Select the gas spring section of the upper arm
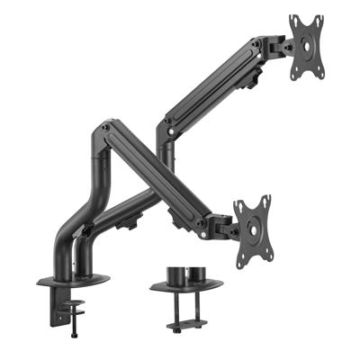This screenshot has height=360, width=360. [x=216, y=81]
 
